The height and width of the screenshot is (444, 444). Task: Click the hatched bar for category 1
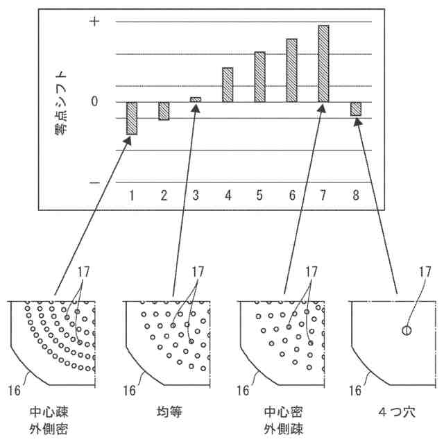tap(131, 118)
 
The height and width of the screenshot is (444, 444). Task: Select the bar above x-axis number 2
tap(164, 111)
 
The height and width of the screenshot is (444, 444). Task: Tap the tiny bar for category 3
tap(196, 100)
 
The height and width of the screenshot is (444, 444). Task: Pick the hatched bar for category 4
tap(228, 85)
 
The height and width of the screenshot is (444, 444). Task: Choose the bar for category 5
tap(259, 77)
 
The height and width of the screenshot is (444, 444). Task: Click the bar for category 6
tap(291, 71)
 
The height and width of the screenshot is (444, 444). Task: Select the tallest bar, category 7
tap(323, 64)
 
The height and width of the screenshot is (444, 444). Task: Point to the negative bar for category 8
tap(356, 109)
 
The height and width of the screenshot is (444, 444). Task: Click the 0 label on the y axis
tap(96, 103)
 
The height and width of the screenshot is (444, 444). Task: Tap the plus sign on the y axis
tap(96, 22)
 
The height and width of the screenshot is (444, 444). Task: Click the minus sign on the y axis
tap(96, 182)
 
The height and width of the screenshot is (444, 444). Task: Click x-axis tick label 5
tap(259, 196)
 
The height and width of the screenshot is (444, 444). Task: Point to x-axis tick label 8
tap(356, 196)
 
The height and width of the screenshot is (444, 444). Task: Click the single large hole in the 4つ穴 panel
tap(407, 331)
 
